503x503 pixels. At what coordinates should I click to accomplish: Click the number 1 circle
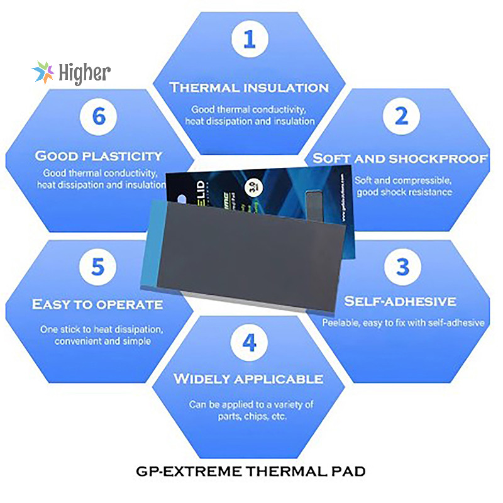[250, 40]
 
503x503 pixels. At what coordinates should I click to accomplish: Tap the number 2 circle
[401, 116]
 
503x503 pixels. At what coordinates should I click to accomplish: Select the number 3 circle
[401, 267]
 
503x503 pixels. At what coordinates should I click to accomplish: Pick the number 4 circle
[250, 343]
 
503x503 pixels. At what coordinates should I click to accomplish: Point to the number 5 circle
[97, 267]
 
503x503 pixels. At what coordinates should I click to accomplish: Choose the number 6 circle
[97, 116]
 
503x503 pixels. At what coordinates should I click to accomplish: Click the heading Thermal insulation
[250, 87]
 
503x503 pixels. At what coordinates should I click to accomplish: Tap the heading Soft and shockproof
[401, 158]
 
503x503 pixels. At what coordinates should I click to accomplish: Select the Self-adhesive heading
[400, 302]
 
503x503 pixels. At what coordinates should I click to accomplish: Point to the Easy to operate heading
[97, 305]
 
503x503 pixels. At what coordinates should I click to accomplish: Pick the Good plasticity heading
[99, 155]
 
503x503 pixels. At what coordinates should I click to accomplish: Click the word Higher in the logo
[84, 73]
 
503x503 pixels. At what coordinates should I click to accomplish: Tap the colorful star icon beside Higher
[43, 73]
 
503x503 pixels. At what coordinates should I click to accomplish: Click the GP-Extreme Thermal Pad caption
[250, 470]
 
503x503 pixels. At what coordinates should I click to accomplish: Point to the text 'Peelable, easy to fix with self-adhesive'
[403, 323]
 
